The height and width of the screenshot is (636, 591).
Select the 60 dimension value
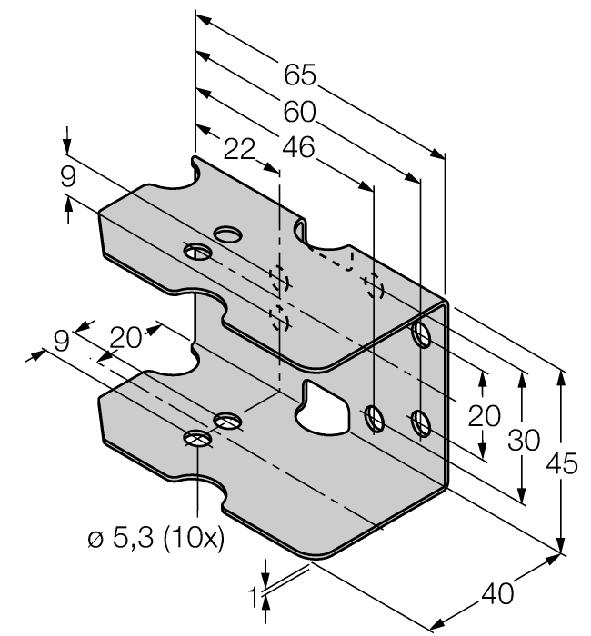coord(299,112)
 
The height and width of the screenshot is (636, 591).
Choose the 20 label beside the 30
coord(484,416)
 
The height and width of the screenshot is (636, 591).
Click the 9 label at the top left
coord(68,177)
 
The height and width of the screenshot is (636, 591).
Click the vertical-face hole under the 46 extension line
coord(374,419)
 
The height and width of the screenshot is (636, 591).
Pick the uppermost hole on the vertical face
coord(421,334)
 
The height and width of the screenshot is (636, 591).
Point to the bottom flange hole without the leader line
coord(228,420)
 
